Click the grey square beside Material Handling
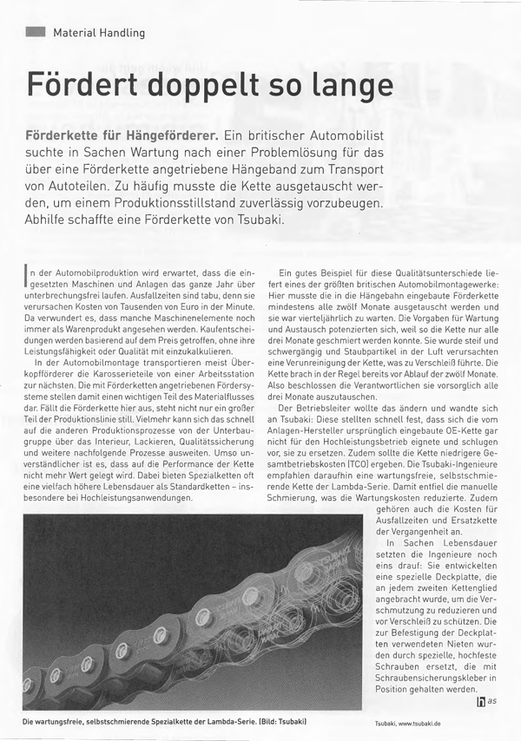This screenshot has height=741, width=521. [x=36, y=32]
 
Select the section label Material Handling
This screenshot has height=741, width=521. [x=99, y=33]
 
